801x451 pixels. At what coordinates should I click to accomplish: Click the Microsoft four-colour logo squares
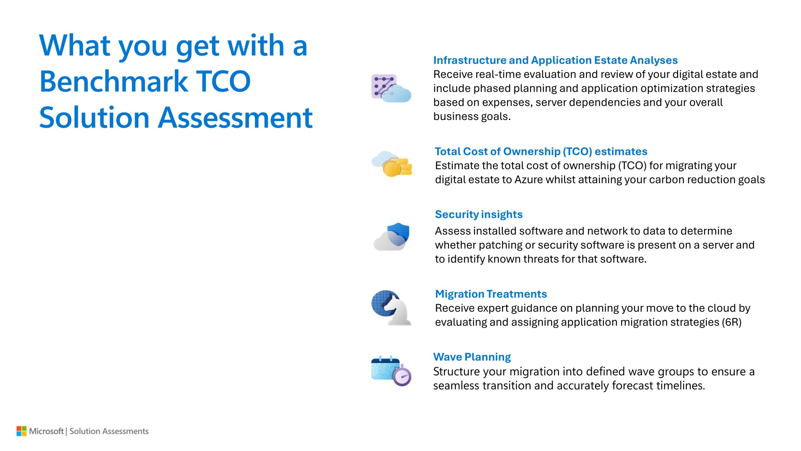click(x=22, y=431)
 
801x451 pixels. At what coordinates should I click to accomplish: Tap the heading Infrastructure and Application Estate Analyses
click(x=555, y=60)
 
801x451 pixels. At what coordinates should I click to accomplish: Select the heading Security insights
click(x=479, y=215)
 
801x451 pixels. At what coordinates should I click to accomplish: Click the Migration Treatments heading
click(x=491, y=294)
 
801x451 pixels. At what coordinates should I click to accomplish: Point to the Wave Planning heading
click(x=472, y=357)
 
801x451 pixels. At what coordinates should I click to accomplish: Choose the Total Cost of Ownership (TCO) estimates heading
click(x=541, y=152)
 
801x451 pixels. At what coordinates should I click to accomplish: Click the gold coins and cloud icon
click(x=392, y=164)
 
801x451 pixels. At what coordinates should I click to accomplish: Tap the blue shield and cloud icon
click(x=391, y=236)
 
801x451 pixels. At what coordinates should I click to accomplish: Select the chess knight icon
click(x=391, y=308)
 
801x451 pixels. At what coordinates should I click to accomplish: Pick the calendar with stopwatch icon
click(x=391, y=371)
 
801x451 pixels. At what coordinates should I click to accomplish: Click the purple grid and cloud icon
click(x=391, y=88)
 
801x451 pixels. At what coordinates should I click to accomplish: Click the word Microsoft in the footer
click(x=46, y=431)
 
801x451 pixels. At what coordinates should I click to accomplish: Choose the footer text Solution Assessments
click(x=109, y=431)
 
